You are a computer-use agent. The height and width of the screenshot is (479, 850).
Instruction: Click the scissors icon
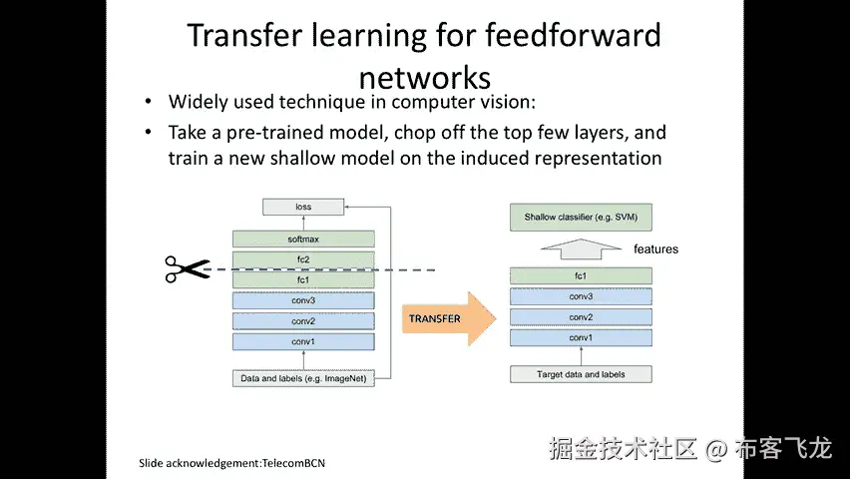click(187, 268)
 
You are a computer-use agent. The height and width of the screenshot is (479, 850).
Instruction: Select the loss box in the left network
click(303, 207)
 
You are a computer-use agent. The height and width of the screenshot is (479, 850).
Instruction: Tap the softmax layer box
click(303, 239)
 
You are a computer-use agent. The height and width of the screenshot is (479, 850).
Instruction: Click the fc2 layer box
click(303, 259)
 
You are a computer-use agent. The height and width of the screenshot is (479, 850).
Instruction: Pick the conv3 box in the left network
click(303, 300)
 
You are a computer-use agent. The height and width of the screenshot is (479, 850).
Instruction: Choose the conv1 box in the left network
click(303, 342)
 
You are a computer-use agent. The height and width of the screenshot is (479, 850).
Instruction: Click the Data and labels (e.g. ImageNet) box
click(303, 378)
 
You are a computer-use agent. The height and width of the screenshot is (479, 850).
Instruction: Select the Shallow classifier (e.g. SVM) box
click(581, 216)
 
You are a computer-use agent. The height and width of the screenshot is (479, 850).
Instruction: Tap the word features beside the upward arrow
click(655, 248)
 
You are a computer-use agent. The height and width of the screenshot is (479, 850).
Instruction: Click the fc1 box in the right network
click(581, 275)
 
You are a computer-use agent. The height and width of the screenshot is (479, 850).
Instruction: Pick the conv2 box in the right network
click(581, 317)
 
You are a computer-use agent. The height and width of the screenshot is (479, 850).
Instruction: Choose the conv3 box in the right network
click(581, 296)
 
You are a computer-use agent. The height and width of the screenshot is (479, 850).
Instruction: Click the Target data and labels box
click(581, 374)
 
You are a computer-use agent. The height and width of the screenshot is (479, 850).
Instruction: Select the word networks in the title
click(424, 77)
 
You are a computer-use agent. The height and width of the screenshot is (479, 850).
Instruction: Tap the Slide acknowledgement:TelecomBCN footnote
click(231, 463)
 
